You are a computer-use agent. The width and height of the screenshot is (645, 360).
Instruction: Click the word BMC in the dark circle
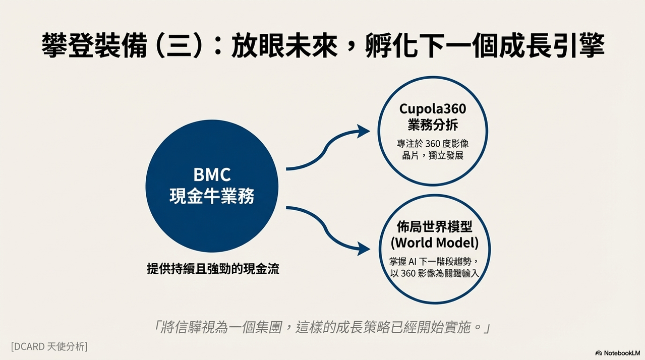tap(212, 174)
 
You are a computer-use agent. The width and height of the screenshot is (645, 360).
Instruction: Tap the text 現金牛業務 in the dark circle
tap(212, 197)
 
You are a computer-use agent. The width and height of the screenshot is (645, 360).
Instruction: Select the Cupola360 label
tap(433, 109)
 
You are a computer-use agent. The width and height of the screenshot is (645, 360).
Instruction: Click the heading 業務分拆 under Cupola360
tap(433, 125)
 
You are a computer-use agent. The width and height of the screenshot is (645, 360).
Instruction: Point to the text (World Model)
tap(435, 243)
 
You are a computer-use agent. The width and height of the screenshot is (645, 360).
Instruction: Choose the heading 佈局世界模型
tap(435, 227)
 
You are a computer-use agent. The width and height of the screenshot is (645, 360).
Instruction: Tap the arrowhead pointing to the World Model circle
tap(364, 249)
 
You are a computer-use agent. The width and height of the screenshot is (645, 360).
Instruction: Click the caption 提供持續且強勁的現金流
tap(213, 269)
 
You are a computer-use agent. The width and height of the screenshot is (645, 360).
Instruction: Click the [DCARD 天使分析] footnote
tap(49, 346)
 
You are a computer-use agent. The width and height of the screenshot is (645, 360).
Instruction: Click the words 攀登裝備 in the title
tap(94, 45)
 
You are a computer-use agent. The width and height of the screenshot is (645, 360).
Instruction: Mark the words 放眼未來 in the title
tap(284, 45)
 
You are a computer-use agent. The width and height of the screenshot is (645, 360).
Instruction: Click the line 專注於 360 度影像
tap(433, 144)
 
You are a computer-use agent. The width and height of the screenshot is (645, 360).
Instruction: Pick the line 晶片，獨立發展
tap(433, 156)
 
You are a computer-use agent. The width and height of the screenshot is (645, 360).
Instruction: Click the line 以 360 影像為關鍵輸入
tap(435, 273)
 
